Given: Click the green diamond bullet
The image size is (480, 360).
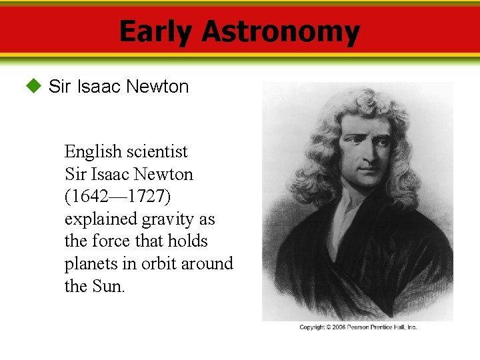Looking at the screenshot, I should [33, 86].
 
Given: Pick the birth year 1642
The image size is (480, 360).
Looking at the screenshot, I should [90, 197].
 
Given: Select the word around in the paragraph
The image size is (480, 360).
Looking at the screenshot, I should [207, 264].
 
